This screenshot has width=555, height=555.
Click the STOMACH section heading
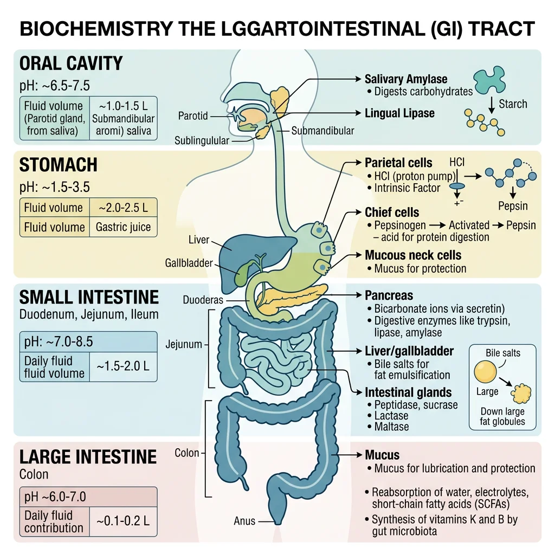pyautogui.click(x=59, y=165)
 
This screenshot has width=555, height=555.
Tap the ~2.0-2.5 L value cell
pyautogui.click(x=123, y=208)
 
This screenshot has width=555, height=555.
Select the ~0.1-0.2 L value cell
pyautogui.click(x=123, y=521)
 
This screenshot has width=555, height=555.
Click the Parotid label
pyautogui.click(x=193, y=117)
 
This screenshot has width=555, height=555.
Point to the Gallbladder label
pyautogui.click(x=189, y=263)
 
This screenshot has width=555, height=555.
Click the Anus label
pyautogui.click(x=244, y=521)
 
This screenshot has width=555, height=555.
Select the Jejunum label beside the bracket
pyautogui.click(x=183, y=344)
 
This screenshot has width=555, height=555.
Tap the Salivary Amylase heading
pyautogui.click(x=406, y=80)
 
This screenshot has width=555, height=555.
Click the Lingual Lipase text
pyautogui.click(x=399, y=113)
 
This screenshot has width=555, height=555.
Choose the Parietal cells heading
pyautogui.click(x=398, y=163)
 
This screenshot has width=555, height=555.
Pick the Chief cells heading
pyautogui.click(x=392, y=212)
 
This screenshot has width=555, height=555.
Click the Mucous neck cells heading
pyautogui.click(x=413, y=255)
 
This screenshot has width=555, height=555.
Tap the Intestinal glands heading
pyautogui.click(x=408, y=392)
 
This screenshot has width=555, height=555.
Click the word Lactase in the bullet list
pyautogui.click(x=391, y=416)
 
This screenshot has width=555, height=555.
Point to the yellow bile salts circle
pyautogui.click(x=485, y=373)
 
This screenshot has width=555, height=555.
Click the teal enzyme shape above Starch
pyautogui.click(x=493, y=80)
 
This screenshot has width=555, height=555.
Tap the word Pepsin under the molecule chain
pyautogui.click(x=512, y=206)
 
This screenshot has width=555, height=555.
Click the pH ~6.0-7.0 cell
pyautogui.click(x=55, y=497)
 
